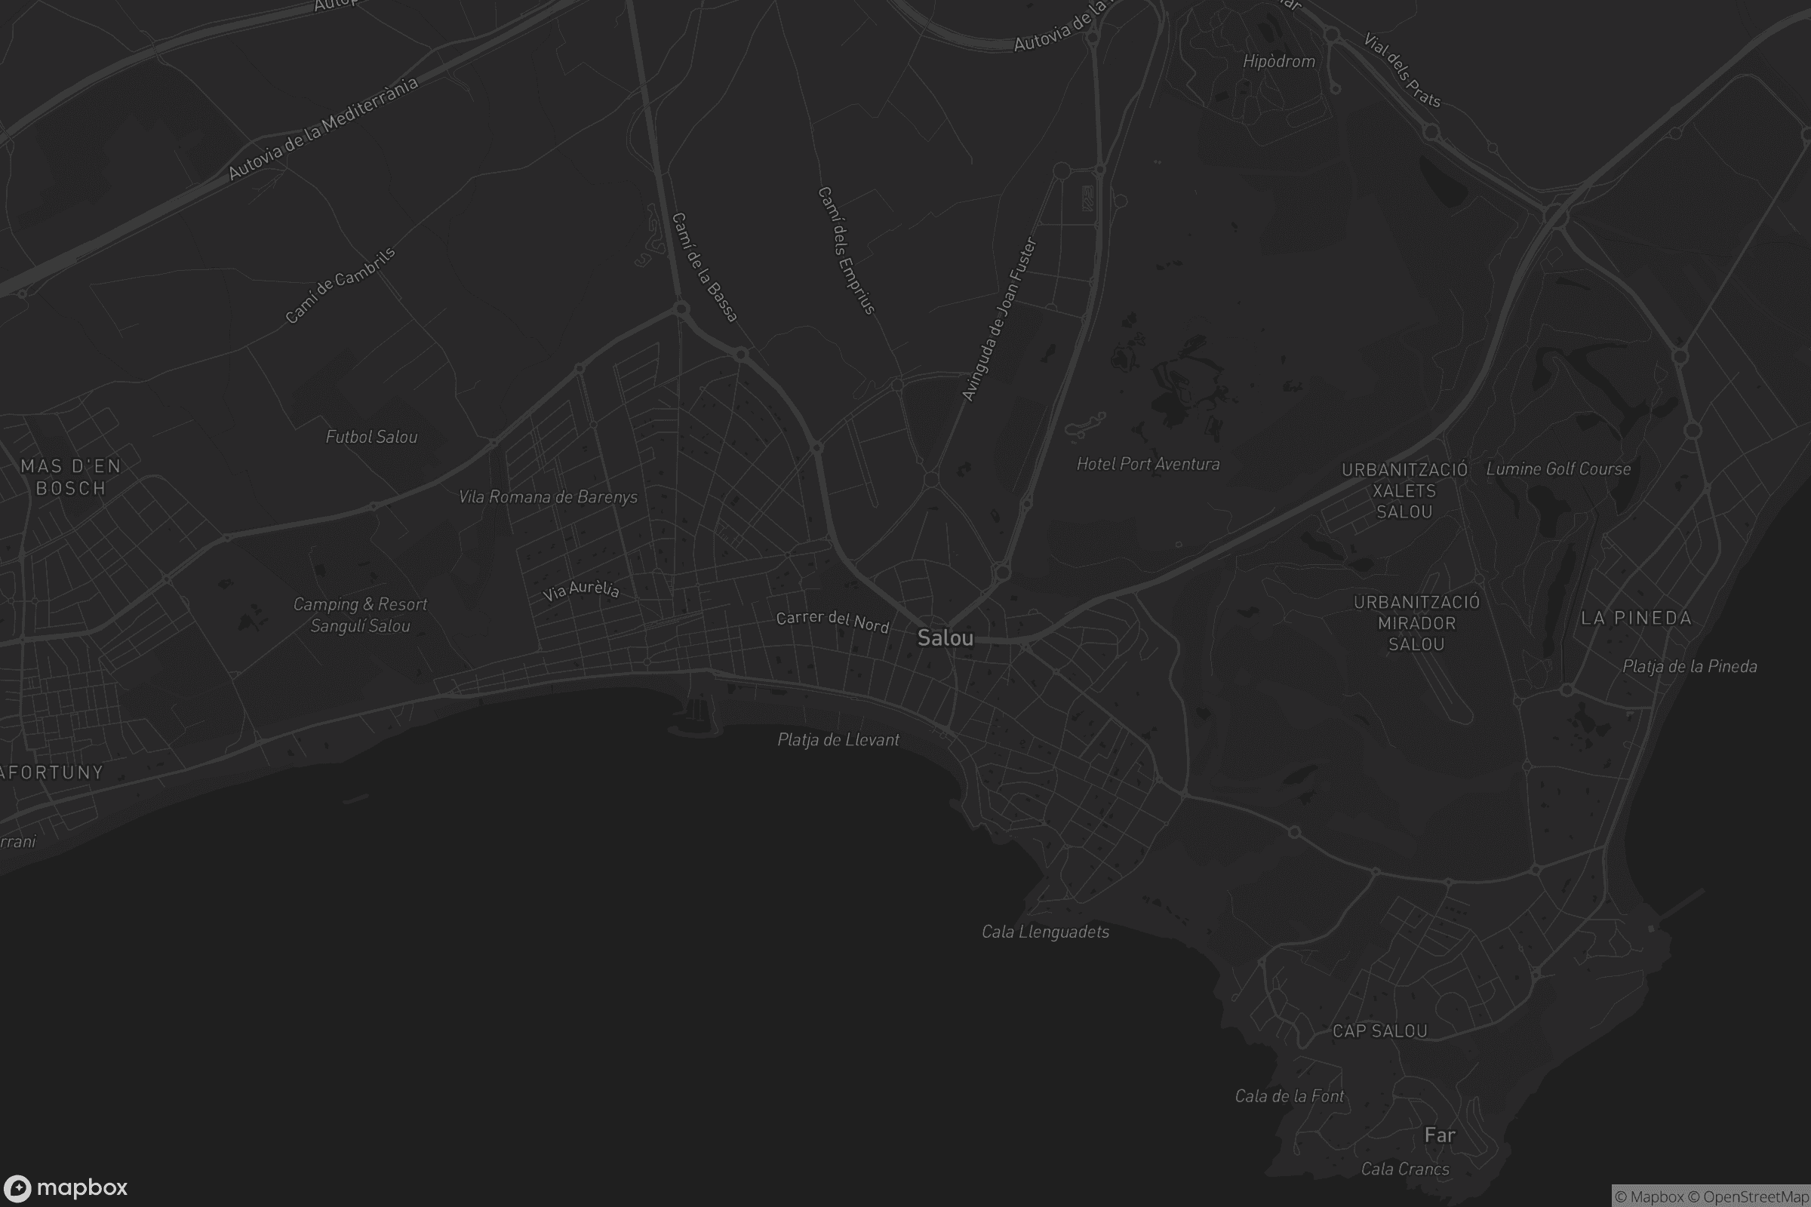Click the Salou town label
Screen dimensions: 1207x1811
(x=945, y=638)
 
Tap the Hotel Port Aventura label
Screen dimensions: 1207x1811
(x=1147, y=464)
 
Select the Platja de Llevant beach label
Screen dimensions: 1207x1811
(x=838, y=740)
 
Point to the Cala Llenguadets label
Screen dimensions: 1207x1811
(x=1045, y=932)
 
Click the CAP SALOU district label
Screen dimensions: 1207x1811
(x=1380, y=1031)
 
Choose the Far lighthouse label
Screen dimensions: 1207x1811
(x=1440, y=1135)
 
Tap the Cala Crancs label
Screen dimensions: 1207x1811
(x=1404, y=1169)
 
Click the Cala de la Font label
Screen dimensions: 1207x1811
(x=1289, y=1096)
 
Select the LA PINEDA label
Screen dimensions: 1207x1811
(x=1636, y=618)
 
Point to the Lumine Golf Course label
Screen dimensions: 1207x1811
(x=1557, y=468)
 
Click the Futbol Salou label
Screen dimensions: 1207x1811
(x=371, y=438)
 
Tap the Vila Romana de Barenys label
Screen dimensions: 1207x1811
(x=548, y=497)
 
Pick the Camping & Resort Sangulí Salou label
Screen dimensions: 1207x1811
(x=360, y=615)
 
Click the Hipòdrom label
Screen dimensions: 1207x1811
(x=1278, y=62)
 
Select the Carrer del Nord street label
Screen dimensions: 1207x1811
(x=832, y=621)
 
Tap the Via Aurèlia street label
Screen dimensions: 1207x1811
(x=580, y=590)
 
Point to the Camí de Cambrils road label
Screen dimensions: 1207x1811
(x=340, y=286)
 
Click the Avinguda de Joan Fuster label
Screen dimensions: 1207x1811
(x=998, y=319)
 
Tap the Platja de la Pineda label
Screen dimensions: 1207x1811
(x=1690, y=667)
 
